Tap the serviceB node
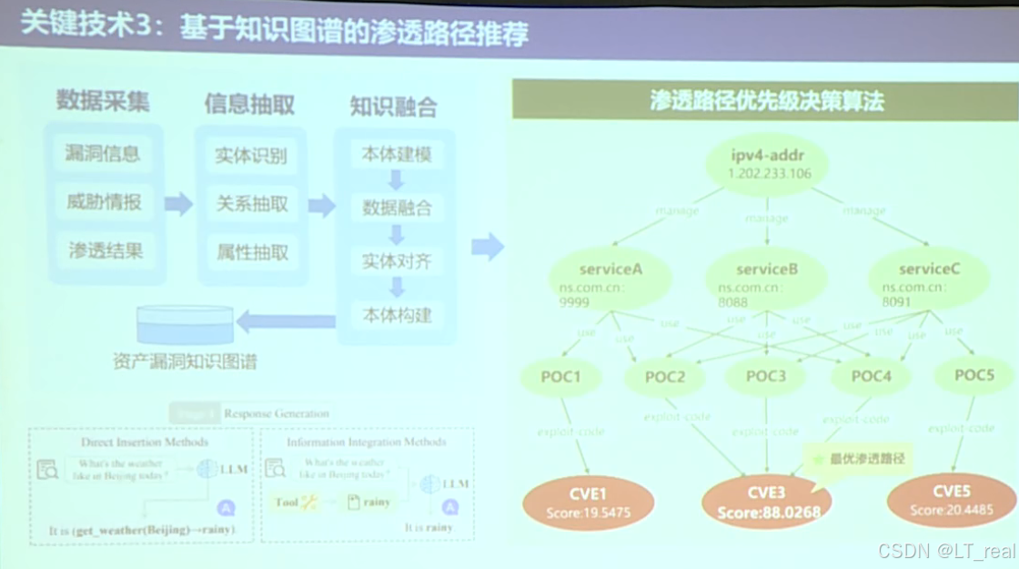click(766, 279)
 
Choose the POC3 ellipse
click(766, 377)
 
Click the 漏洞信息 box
click(103, 154)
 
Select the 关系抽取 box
click(251, 204)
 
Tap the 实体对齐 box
click(397, 262)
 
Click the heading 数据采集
click(103, 100)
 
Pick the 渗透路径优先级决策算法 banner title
click(766, 100)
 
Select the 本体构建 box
click(397, 316)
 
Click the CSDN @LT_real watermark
click(946, 551)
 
